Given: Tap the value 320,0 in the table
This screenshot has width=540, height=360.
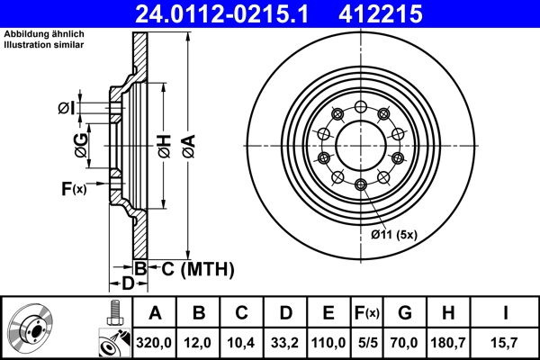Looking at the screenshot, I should point(155,342).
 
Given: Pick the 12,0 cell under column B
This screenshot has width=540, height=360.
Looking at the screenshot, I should point(199,342).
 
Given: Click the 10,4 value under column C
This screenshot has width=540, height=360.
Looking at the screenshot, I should point(242,342).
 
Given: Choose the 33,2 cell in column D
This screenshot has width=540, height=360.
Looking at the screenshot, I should point(285,342).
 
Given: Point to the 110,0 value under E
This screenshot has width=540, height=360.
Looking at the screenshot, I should point(328,342).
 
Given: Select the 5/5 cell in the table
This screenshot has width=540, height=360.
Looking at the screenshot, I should point(367,342).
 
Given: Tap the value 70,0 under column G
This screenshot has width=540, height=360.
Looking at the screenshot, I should point(404,342).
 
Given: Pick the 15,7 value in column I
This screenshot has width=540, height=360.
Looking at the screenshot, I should point(506,342).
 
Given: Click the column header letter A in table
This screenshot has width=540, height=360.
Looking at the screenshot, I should point(155,313).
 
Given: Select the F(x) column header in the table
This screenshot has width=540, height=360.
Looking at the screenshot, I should point(367,313).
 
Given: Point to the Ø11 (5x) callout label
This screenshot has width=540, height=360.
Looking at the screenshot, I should point(394,236).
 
